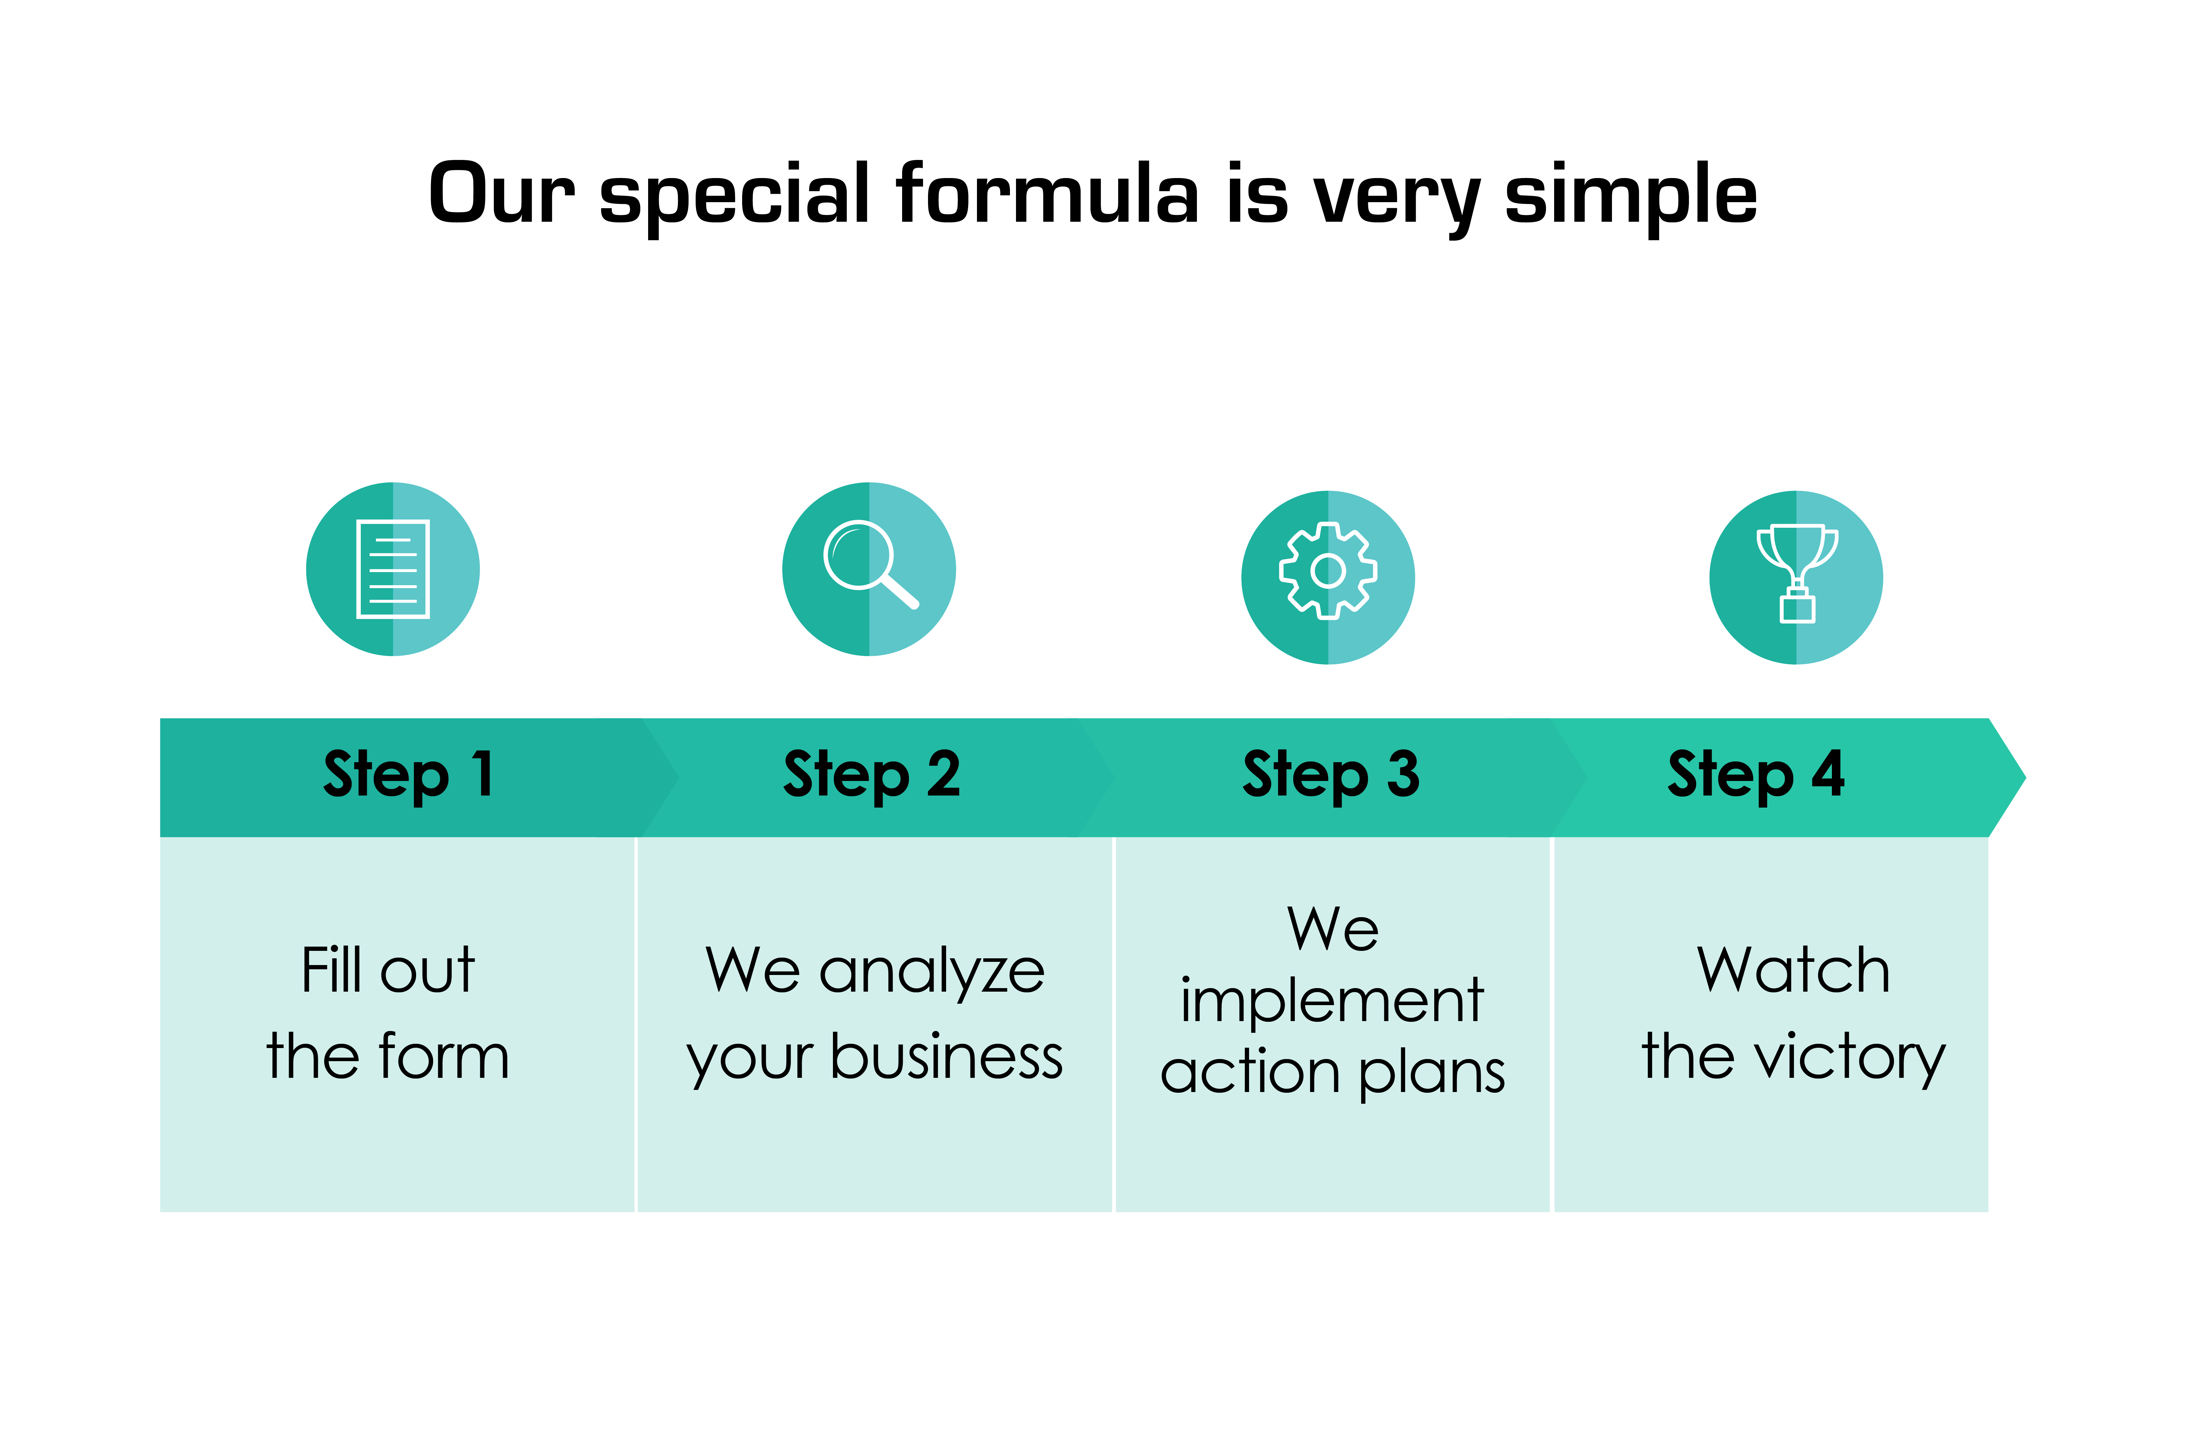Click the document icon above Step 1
click(393, 569)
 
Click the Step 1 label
click(409, 775)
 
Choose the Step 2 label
click(872, 775)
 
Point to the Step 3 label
click(1331, 775)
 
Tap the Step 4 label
click(1756, 775)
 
